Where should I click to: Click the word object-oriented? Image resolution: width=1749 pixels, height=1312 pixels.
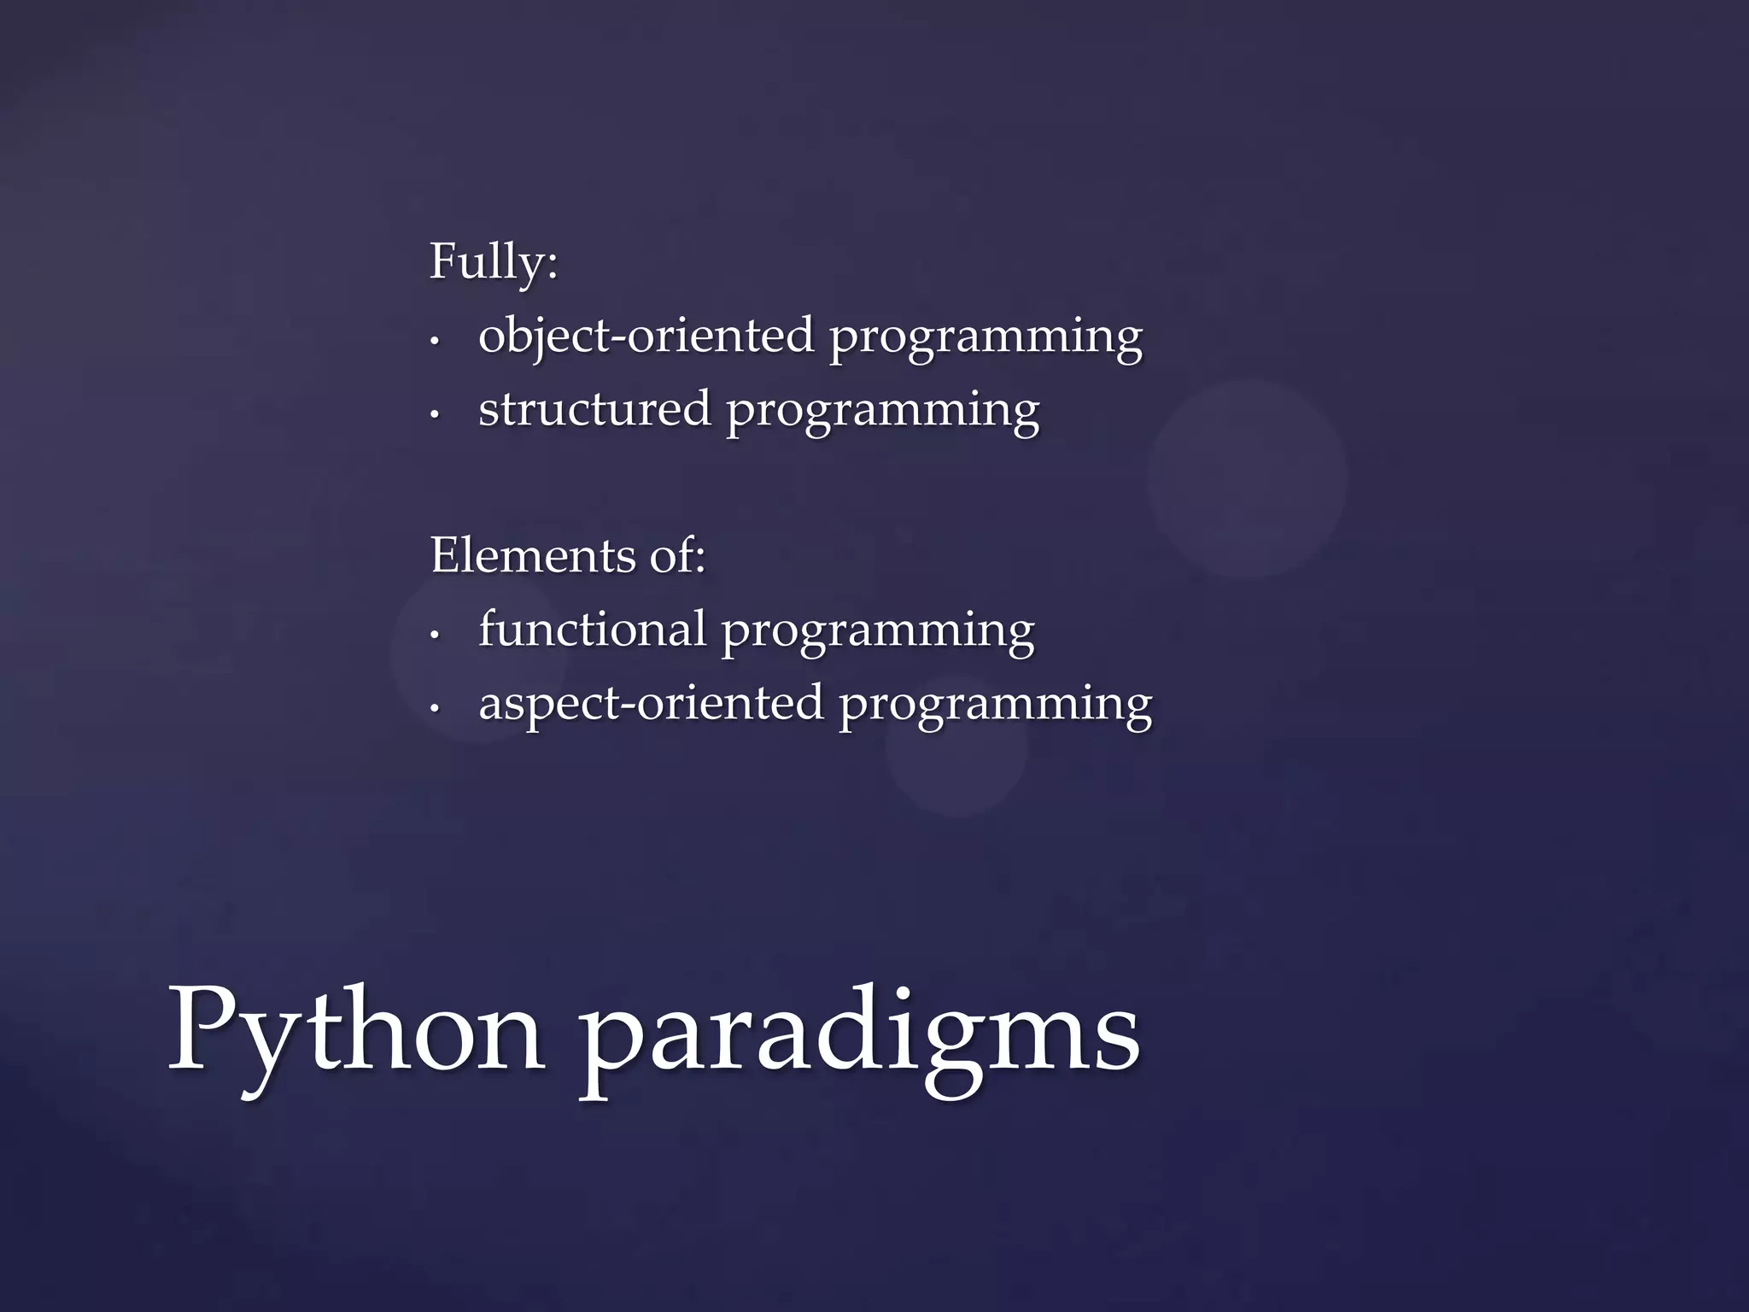pos(646,335)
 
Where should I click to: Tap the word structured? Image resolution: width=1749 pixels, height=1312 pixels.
pos(594,408)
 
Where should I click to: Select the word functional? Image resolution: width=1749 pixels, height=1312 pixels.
pos(592,629)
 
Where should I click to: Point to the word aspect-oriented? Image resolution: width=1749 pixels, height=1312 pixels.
pos(651,703)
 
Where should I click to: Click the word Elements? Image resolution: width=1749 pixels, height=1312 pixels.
pos(533,555)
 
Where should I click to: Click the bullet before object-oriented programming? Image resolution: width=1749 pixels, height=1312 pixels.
pos(435,341)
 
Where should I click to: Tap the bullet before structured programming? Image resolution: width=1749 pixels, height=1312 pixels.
pos(435,414)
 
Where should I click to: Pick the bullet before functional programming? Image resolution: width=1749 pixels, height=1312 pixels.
pos(435,635)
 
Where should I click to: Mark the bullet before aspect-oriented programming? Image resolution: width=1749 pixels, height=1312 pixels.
pos(435,708)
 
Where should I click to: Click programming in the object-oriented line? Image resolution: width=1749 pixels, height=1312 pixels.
pos(986,338)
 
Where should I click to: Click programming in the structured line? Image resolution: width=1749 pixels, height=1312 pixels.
pos(883,412)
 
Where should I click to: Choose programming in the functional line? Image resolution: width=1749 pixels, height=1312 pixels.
pos(878,632)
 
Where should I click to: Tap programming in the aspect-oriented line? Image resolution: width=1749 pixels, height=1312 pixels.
pos(995,706)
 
